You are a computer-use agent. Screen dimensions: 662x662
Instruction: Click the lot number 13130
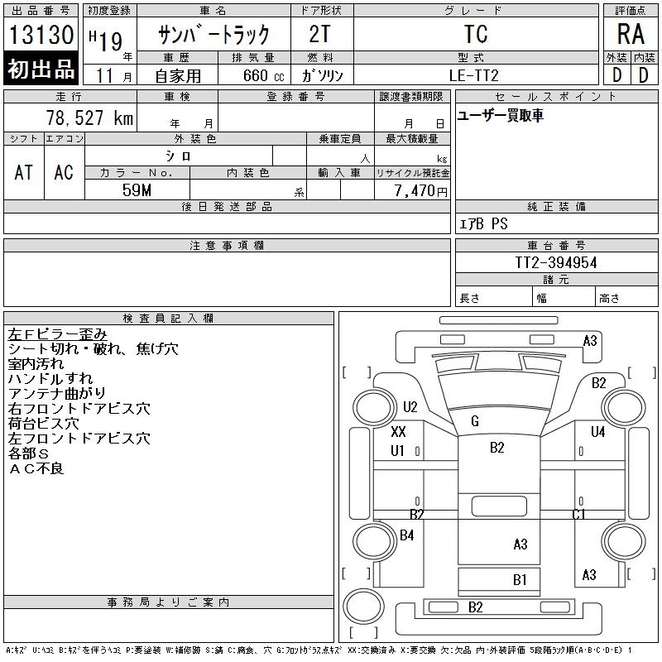pos(41,34)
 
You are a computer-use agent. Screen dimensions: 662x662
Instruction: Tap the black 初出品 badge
pos(41,69)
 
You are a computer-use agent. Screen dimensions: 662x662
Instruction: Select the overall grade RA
pos(631,34)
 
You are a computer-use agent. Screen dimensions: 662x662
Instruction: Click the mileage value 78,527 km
pos(89,118)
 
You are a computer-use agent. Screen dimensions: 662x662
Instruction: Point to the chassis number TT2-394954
pos(556,262)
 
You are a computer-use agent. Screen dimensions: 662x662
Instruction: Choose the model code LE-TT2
pos(473,75)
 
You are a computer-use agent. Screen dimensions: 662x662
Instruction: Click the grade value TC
pos(476,34)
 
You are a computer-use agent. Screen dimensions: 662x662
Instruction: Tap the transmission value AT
pos(24,172)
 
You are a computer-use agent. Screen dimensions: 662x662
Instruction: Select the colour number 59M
pos(137,190)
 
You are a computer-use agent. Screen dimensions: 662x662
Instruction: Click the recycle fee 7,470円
pos(421,190)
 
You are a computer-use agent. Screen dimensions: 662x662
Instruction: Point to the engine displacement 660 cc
pos(263,75)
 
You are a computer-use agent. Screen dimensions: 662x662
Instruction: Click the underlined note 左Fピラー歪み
pos(57,334)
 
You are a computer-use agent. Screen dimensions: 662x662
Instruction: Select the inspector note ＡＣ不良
pos(36,468)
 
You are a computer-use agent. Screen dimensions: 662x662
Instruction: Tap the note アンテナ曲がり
pos(56,394)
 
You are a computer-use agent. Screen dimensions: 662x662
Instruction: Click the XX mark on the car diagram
pos(398,431)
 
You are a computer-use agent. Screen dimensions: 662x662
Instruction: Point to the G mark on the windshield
pos(475,421)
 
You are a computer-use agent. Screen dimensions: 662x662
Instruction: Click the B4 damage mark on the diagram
pos(407,535)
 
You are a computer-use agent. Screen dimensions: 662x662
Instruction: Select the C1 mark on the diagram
pos(578,514)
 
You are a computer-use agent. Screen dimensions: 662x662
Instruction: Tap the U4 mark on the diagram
pos(597,431)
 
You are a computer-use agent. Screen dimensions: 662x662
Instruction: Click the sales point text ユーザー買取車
pos(501,115)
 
